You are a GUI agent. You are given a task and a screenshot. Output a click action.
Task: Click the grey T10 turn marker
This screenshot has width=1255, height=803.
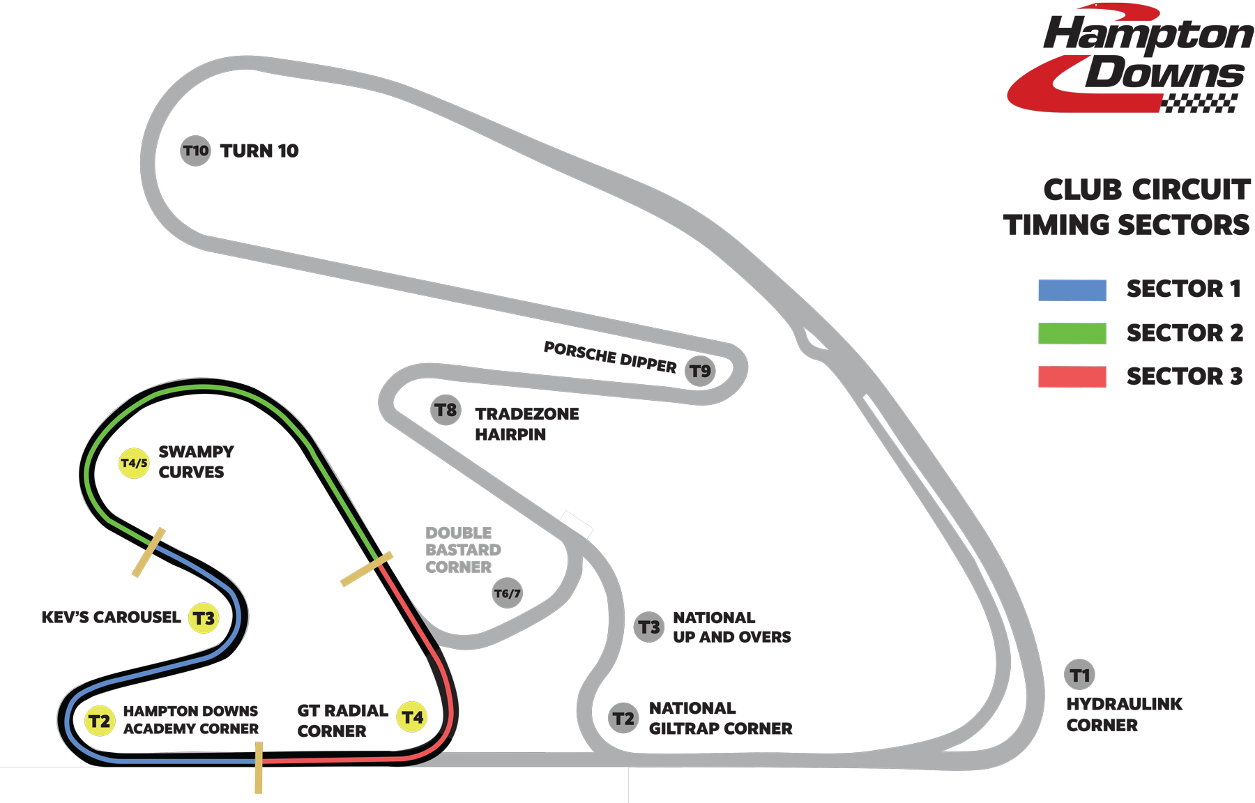[x=195, y=151]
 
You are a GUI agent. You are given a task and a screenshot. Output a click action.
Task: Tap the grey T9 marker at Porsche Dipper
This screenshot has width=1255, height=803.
[x=700, y=371]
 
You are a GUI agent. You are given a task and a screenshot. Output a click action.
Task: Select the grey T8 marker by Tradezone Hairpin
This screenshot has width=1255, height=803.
[x=446, y=410]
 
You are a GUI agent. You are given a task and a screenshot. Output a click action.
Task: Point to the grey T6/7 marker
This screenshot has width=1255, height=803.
[x=507, y=593]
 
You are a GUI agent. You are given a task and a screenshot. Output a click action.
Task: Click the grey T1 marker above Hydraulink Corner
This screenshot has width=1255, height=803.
[x=1079, y=675]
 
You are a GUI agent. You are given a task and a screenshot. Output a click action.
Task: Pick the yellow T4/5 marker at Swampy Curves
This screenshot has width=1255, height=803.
[x=134, y=463]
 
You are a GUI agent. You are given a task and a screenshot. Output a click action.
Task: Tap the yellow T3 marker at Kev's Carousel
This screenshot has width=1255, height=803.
[x=204, y=618]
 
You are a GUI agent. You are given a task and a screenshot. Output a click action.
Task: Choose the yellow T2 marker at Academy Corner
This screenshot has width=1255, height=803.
[x=100, y=721]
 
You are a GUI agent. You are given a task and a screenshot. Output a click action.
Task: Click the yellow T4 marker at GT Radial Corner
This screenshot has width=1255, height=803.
[x=412, y=717]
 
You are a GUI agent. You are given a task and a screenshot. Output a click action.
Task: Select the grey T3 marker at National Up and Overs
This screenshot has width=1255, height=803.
[x=649, y=627]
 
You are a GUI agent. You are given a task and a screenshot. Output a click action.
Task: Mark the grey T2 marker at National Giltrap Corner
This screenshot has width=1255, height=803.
[x=623, y=718]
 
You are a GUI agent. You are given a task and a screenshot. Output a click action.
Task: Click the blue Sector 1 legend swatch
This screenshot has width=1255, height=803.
[x=1072, y=290]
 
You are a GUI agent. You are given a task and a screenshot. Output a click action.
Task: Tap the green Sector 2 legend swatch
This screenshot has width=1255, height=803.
[x=1072, y=333]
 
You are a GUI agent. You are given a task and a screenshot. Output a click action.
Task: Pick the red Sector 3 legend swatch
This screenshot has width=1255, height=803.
[x=1072, y=376]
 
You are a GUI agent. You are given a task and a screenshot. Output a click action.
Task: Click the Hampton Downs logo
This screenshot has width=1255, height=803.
[x=1129, y=59]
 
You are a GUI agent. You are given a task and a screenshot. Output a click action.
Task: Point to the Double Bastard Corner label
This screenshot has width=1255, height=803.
[x=462, y=550]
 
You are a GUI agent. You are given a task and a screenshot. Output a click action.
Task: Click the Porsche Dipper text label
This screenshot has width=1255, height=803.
[x=610, y=357]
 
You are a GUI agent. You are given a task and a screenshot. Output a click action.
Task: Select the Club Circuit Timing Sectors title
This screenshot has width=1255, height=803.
[x=1127, y=207]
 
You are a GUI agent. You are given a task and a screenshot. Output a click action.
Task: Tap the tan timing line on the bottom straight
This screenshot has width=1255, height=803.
[x=259, y=767]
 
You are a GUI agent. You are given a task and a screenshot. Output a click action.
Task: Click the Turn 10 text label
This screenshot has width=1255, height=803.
[x=259, y=151]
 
